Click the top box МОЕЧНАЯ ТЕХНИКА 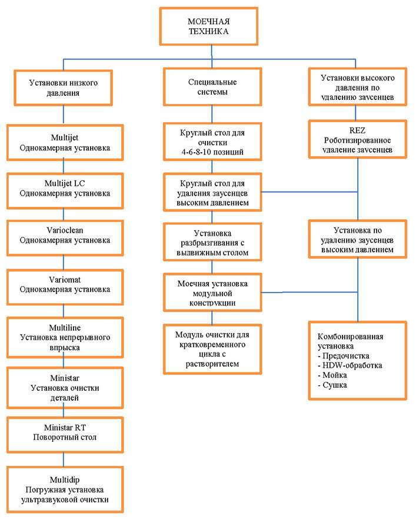tap(208, 26)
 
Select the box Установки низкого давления tap(63, 88)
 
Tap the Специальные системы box tap(212, 87)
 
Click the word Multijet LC tap(65, 183)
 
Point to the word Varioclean tap(65, 230)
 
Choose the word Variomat tap(65, 280)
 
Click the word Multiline tap(65, 328)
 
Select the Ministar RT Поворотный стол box tap(65, 435)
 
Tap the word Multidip tap(65, 480)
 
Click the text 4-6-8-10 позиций tap(212, 152)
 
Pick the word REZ tap(357, 130)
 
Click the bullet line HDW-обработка tap(350, 365)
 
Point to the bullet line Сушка tap(332, 385)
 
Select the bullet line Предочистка tap(343, 356)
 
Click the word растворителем tap(212, 364)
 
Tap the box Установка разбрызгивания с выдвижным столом tap(212, 243)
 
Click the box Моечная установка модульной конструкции tap(212, 293)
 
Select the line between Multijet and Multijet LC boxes tap(64, 167)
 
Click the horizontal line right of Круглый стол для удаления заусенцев tap(309, 192)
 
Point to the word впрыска tap(65, 348)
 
